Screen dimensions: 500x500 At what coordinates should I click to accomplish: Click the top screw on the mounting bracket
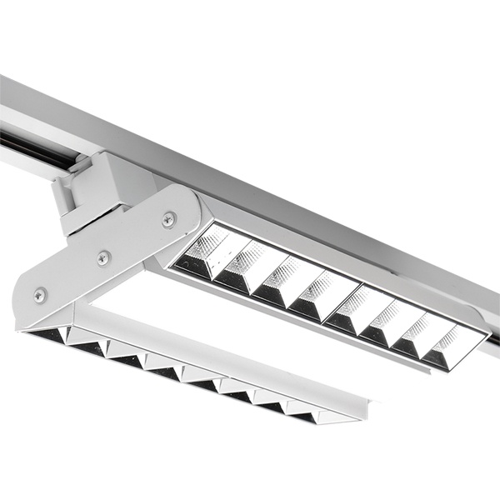click(169, 219)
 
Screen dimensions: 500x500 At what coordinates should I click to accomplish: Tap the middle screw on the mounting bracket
click(103, 257)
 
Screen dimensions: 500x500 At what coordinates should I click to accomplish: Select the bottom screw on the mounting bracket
click(40, 294)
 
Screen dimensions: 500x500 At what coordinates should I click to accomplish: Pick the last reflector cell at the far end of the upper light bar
click(451, 347)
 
